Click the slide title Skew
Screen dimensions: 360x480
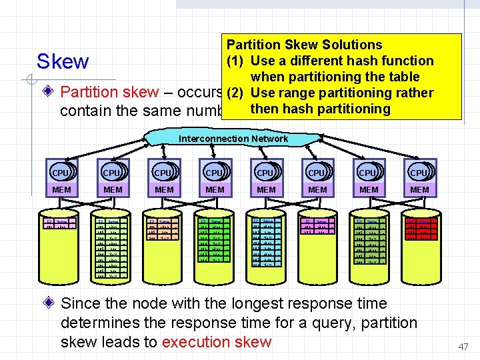63,62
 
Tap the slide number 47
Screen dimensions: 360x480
463,347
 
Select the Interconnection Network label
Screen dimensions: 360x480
233,139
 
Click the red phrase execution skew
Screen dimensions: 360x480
216,342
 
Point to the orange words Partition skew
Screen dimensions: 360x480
109,93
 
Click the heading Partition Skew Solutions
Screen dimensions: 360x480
304,45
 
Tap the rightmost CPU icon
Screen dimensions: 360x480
419,172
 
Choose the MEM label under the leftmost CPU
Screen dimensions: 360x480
61,190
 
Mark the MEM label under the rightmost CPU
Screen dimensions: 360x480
419,190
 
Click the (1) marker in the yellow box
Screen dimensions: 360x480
237,61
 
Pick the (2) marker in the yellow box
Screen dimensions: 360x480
237,93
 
